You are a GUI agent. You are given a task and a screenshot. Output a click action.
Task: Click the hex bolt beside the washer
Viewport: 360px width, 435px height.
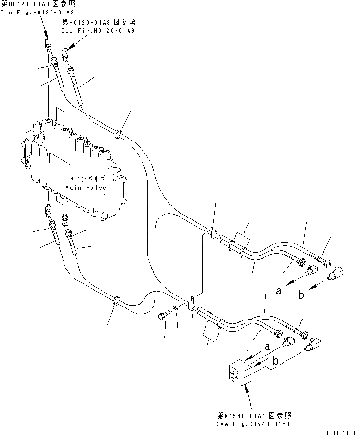pyautogui.click(x=163, y=316)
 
